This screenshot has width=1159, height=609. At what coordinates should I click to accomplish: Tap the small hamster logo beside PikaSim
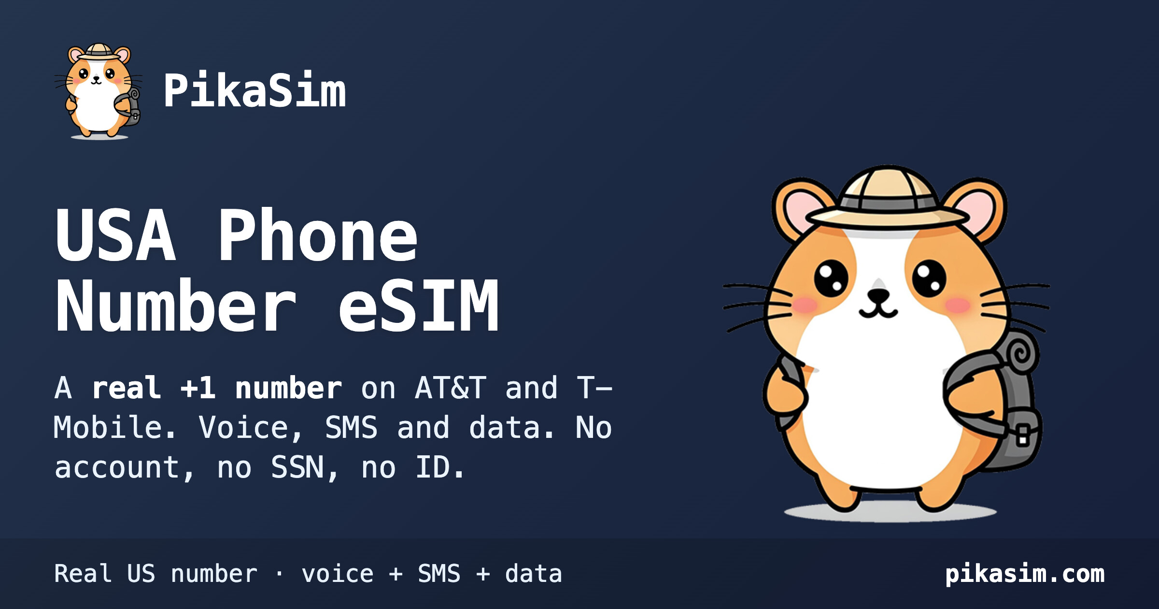pyautogui.click(x=99, y=91)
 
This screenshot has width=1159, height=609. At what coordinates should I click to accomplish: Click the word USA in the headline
pyautogui.click(x=115, y=235)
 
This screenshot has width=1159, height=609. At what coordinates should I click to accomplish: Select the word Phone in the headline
pyautogui.click(x=318, y=235)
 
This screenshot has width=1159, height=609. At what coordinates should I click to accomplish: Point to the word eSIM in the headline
pyautogui.click(x=418, y=305)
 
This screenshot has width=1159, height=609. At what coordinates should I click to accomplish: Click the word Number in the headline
pyautogui.click(x=176, y=305)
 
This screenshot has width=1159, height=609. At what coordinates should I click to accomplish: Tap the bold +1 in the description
pyautogui.click(x=198, y=388)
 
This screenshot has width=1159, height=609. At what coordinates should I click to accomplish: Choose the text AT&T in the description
pyautogui.click(x=450, y=388)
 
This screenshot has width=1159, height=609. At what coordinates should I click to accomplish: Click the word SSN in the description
pyautogui.click(x=297, y=467)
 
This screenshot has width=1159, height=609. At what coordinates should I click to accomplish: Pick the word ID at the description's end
pyautogui.click(x=433, y=467)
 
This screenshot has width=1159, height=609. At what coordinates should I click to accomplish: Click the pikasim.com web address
pyautogui.click(x=1025, y=574)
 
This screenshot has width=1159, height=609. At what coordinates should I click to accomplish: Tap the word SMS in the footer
pyautogui.click(x=439, y=574)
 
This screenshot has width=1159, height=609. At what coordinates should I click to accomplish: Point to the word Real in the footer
pyautogui.click(x=83, y=574)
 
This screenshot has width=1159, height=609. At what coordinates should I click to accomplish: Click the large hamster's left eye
pyautogui.click(x=831, y=278)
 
